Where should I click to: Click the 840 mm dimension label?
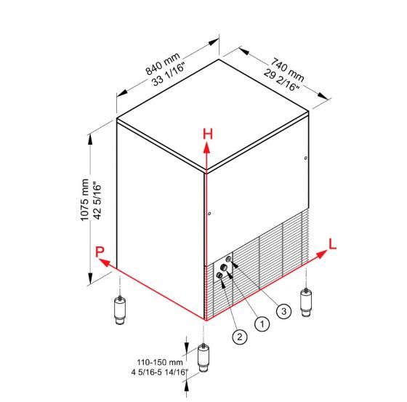click(x=163, y=64)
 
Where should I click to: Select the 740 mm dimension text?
click(x=287, y=69)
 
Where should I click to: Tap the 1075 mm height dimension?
click(x=85, y=200)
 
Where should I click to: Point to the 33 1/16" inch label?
click(x=169, y=74)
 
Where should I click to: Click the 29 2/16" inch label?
click(x=282, y=80)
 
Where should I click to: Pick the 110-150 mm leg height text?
click(x=160, y=362)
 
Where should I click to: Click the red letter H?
click(x=208, y=134)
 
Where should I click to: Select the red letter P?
click(x=100, y=252)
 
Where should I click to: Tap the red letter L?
click(x=333, y=244)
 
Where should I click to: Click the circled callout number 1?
click(x=262, y=323)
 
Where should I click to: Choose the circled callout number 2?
click(x=239, y=337)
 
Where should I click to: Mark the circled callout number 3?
click(x=283, y=311)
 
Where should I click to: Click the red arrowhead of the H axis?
click(x=206, y=148)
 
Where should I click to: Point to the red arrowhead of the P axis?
click(x=104, y=262)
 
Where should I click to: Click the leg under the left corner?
click(x=120, y=310)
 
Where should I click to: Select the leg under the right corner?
click(x=306, y=302)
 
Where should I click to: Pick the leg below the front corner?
click(x=203, y=358)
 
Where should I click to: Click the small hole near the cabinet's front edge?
click(x=209, y=214)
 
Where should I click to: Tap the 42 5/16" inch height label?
click(x=97, y=201)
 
